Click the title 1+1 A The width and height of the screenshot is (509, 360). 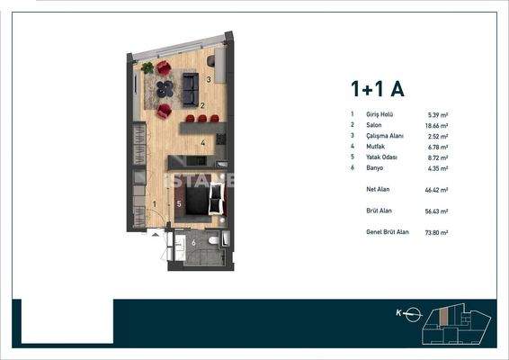(x=377, y=88)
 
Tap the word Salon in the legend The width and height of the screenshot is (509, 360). (x=373, y=126)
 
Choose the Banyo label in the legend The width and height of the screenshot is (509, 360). (x=374, y=167)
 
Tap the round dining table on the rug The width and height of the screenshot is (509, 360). (x=164, y=89)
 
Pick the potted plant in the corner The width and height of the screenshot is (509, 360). (x=147, y=67)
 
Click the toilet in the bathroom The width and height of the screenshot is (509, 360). (x=212, y=241)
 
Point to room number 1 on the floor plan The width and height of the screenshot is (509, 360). (x=155, y=204)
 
